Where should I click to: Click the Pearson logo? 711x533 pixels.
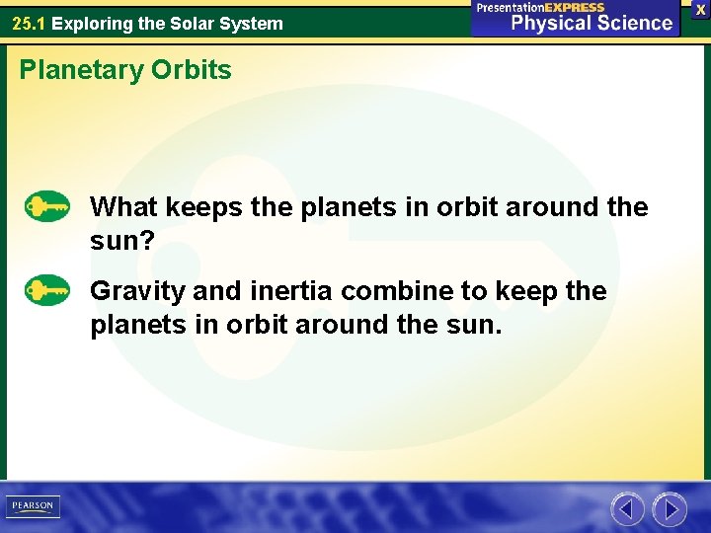(33, 506)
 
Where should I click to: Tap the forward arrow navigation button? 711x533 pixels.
(670, 509)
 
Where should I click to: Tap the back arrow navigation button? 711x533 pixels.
(627, 509)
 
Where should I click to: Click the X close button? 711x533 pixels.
(700, 9)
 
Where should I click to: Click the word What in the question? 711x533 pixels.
(124, 207)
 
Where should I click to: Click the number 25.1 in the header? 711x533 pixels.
(29, 23)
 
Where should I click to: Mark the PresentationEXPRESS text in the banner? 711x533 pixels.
(540, 7)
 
